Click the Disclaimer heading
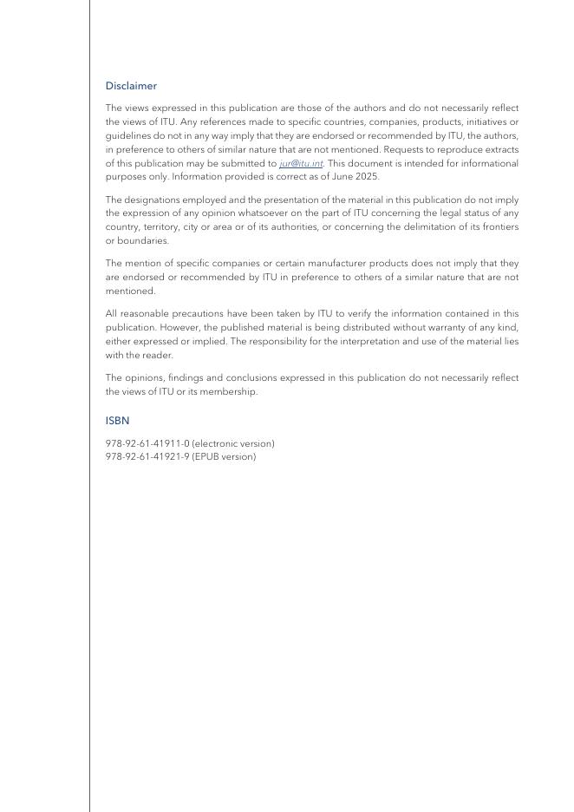[x=131, y=86]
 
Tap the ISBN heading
[x=117, y=421]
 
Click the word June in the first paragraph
[x=338, y=176]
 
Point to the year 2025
[x=366, y=176]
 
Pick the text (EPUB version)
[x=224, y=456]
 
